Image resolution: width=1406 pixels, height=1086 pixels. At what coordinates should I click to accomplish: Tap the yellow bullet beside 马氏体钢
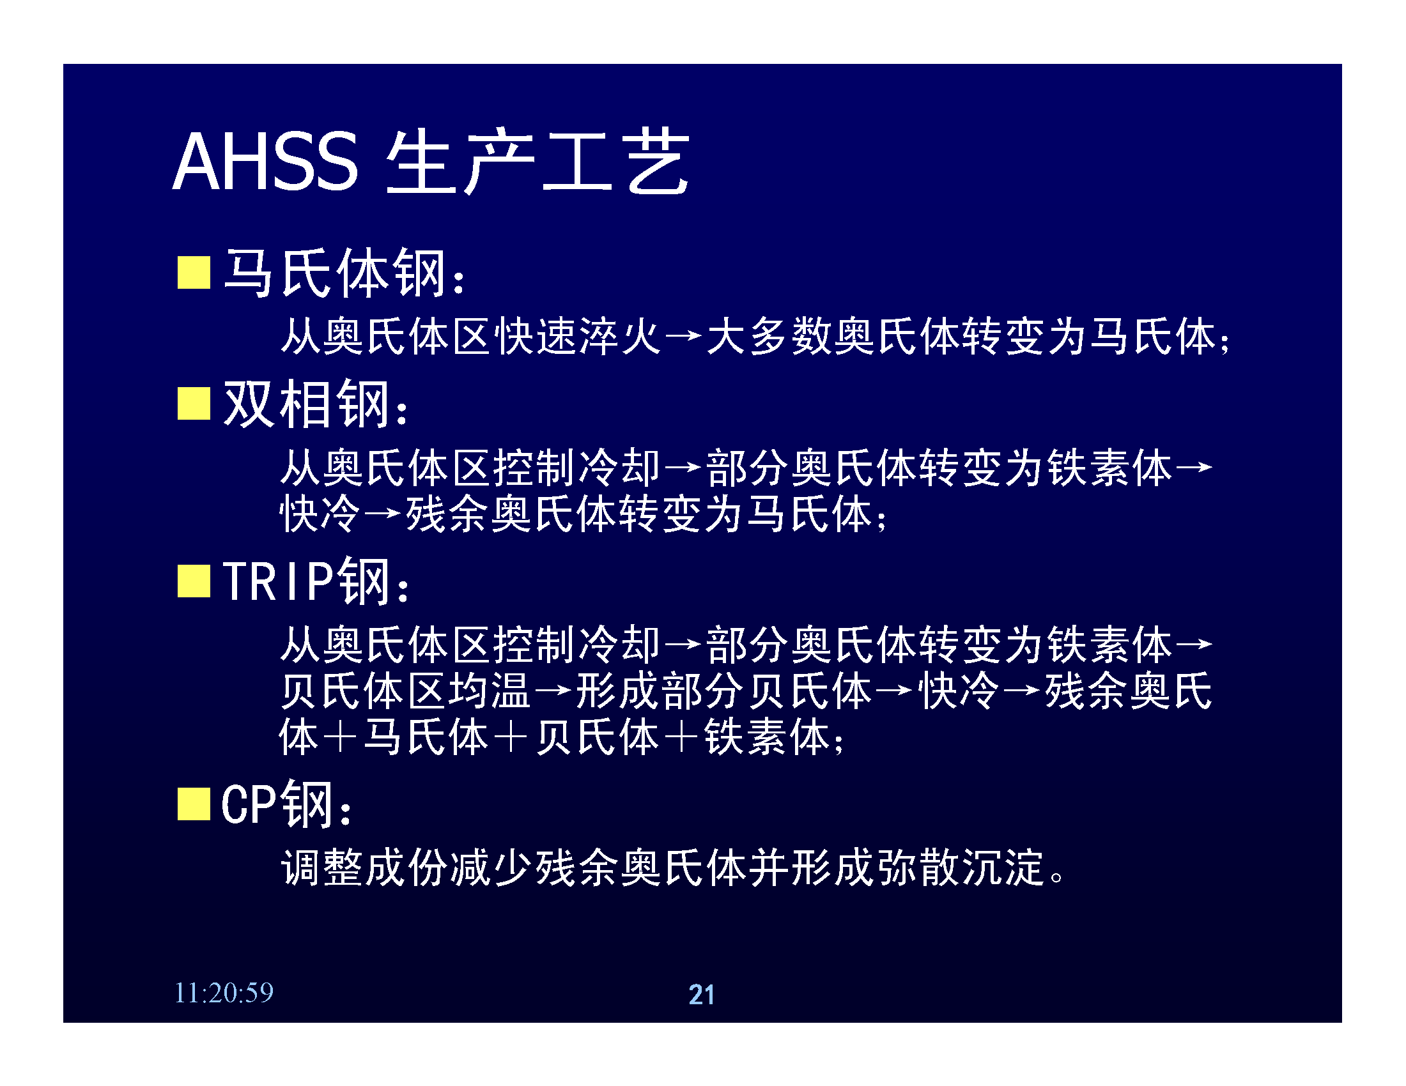coord(194,272)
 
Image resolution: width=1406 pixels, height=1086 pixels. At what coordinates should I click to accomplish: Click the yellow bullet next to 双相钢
coord(194,403)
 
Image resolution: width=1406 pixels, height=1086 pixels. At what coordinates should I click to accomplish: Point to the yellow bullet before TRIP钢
coord(194,581)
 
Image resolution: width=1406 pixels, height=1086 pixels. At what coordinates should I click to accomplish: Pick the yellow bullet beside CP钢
coord(194,804)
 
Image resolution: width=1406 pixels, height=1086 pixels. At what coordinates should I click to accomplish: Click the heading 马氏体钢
coord(335,273)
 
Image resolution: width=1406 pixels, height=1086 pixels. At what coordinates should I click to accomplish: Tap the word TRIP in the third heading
coord(278,581)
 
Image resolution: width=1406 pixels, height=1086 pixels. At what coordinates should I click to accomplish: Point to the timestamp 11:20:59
coord(224,993)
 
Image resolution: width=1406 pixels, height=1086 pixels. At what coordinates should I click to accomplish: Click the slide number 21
coord(702,995)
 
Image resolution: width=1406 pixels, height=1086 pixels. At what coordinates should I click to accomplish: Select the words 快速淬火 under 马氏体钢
coord(579,336)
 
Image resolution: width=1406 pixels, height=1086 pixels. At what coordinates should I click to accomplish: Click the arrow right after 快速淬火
coord(684,336)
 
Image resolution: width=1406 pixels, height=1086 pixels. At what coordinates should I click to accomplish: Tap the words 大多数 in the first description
coord(769,336)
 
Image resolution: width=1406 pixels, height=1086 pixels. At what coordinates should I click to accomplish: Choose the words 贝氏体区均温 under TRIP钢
coord(406,691)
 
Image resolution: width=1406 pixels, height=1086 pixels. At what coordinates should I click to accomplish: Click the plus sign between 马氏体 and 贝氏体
coord(512,737)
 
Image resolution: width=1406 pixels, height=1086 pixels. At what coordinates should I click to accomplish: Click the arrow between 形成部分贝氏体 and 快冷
coord(894,691)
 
